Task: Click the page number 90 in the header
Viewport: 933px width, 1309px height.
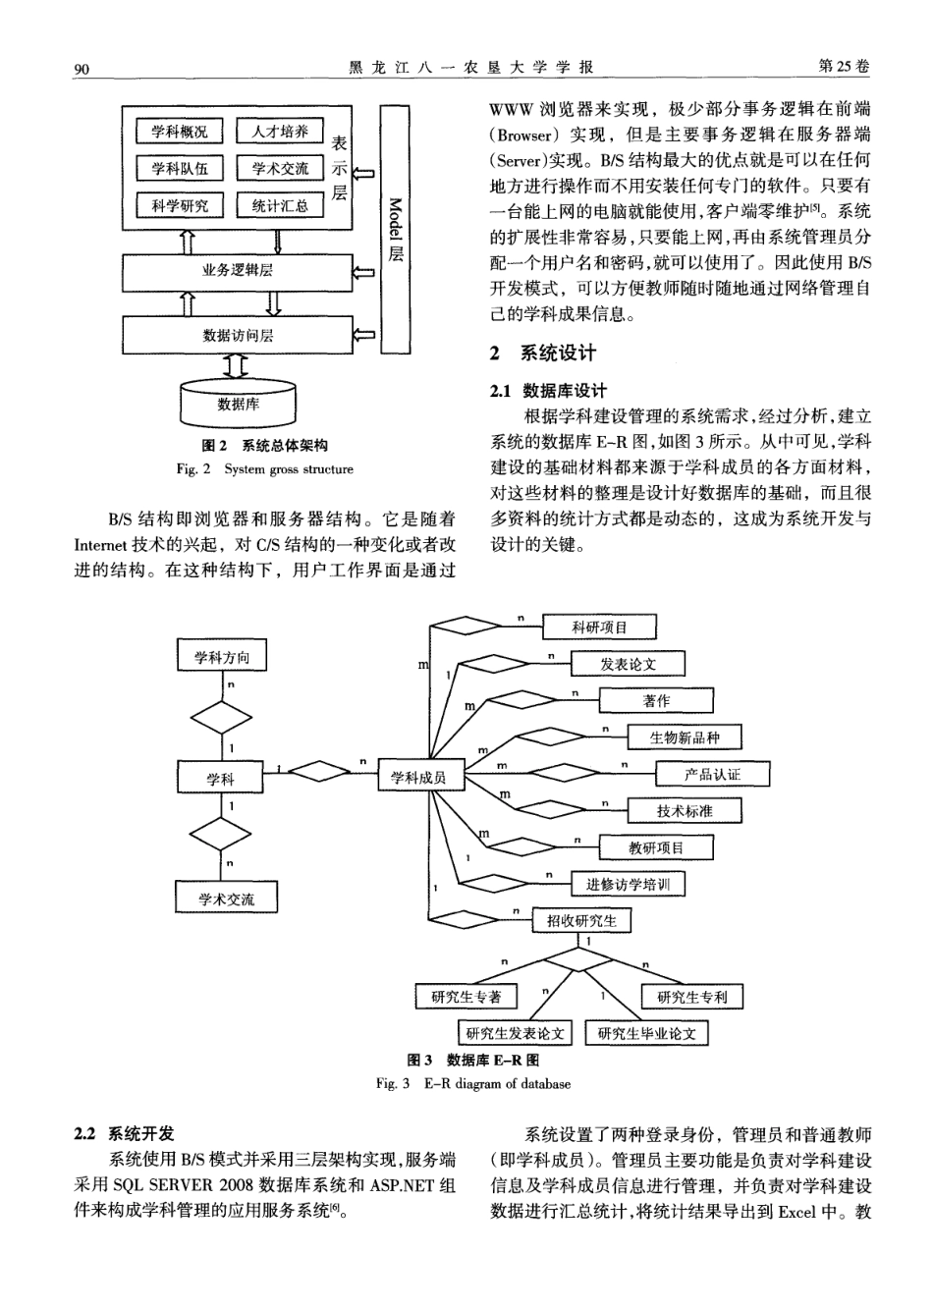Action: click(82, 68)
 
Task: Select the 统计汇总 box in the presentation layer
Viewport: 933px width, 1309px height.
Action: click(280, 205)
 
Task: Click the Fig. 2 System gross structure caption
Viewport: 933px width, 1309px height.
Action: click(264, 469)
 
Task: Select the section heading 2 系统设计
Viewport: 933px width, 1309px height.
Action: click(543, 354)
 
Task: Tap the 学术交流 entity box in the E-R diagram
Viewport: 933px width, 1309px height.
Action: click(226, 898)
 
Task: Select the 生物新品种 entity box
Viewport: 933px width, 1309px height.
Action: click(684, 737)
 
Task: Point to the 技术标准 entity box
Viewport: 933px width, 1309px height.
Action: click(685, 810)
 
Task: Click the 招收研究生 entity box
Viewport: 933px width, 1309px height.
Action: click(581, 920)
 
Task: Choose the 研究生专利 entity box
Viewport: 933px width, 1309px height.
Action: click(692, 997)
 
